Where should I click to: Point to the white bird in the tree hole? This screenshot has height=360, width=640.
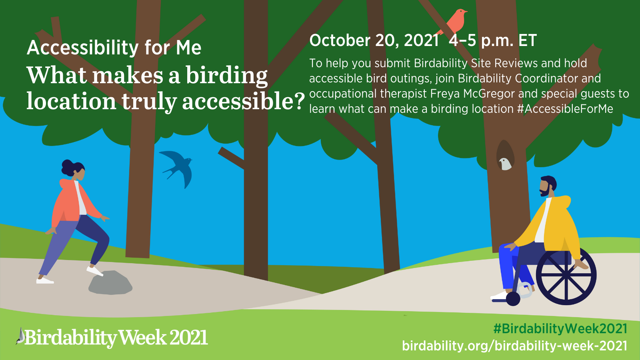point(505,164)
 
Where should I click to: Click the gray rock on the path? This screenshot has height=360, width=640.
point(110,282)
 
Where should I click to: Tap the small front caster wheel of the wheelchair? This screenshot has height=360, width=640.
point(513,298)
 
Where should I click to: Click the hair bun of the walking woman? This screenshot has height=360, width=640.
point(68,167)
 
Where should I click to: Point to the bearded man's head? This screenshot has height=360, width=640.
point(548,186)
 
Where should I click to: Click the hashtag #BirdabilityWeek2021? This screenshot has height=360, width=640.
point(560,328)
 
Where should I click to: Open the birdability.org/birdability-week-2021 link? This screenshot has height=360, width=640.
point(514,346)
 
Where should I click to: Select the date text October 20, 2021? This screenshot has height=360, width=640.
point(374,40)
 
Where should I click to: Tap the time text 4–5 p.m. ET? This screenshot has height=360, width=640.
point(492,40)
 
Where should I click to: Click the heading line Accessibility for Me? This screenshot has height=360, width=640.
point(114,48)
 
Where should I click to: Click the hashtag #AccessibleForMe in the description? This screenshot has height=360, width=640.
point(565,109)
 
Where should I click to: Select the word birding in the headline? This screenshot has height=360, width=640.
point(227,76)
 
